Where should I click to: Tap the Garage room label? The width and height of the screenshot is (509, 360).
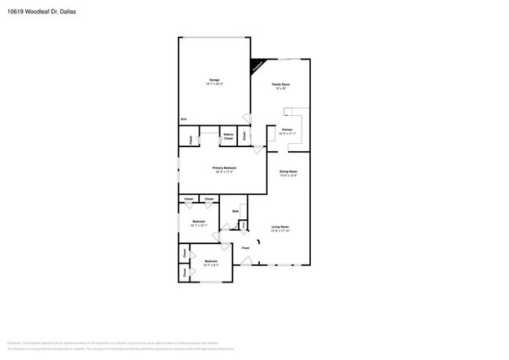[x=213, y=79]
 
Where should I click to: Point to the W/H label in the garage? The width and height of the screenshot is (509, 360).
[x=183, y=119]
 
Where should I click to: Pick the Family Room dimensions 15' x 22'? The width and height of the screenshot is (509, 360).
[x=281, y=88]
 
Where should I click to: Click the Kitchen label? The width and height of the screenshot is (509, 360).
[x=287, y=129]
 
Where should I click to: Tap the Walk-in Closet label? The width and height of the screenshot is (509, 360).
[x=229, y=136]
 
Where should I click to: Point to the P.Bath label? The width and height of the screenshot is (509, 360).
[x=191, y=139]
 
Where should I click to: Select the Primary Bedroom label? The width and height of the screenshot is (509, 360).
[x=224, y=167]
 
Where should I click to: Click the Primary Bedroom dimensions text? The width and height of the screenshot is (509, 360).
[x=224, y=172]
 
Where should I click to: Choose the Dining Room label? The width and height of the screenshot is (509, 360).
[x=288, y=171]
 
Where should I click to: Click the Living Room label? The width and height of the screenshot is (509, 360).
[x=280, y=226]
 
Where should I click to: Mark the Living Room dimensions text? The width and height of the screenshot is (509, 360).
[x=280, y=231]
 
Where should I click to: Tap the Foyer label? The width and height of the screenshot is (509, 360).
[x=245, y=248]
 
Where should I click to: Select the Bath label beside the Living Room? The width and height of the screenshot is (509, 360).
[x=235, y=211]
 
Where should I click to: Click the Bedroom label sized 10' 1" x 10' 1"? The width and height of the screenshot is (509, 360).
[x=198, y=221]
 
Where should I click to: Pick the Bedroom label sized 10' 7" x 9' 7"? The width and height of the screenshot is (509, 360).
[x=211, y=261]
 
